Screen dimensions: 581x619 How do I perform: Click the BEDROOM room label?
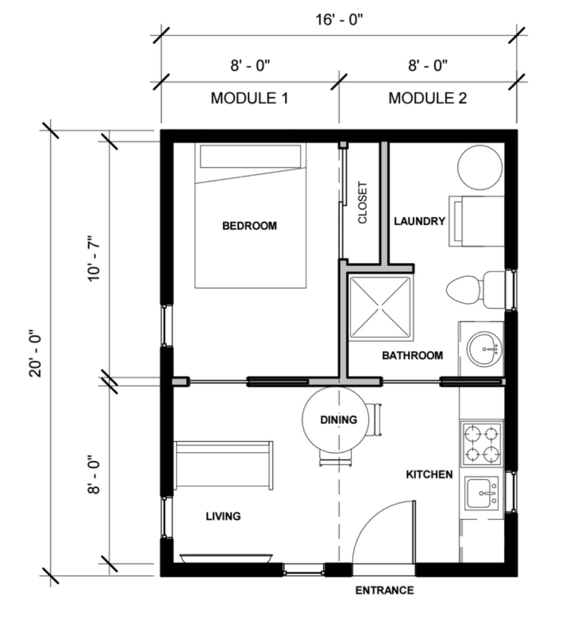pyautogui.click(x=250, y=226)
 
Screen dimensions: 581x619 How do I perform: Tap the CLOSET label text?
pyautogui.click(x=363, y=202)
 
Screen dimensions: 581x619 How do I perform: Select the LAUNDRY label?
pyautogui.click(x=419, y=221)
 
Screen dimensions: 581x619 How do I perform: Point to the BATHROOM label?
pyautogui.click(x=412, y=355)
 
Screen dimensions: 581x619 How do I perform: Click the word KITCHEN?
pyautogui.click(x=429, y=474)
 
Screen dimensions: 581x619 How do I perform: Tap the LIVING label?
pyautogui.click(x=223, y=516)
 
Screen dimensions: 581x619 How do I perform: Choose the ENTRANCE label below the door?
pyautogui.click(x=385, y=590)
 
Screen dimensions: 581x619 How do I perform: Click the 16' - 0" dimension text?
pyautogui.click(x=339, y=19)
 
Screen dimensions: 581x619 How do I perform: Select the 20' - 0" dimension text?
pyautogui.click(x=36, y=353)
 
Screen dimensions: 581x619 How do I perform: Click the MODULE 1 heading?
pyautogui.click(x=250, y=98)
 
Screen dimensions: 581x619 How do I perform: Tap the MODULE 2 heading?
pyautogui.click(x=427, y=98)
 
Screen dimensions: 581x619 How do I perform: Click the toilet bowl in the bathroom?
pyautogui.click(x=464, y=289)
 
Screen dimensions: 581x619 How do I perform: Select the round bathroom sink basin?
pyautogui.click(x=484, y=349)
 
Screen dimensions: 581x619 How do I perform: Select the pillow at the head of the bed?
pyautogui.click(x=250, y=156)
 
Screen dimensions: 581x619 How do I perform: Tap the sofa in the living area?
pyautogui.click(x=223, y=465)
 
